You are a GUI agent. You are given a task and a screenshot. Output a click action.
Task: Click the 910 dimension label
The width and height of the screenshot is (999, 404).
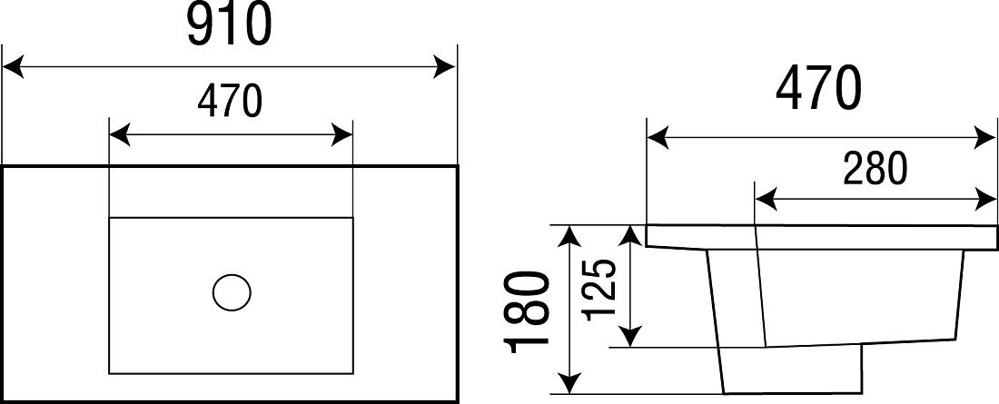click(x=230, y=25)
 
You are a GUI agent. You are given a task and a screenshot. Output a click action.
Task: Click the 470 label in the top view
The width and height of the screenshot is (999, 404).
click(x=230, y=102)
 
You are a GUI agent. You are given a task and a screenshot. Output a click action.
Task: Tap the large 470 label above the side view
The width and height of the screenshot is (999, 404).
click(x=818, y=89)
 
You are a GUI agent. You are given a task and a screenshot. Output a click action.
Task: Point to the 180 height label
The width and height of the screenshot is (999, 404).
click(x=527, y=311)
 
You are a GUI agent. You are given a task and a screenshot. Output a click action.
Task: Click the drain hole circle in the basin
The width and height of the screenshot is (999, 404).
click(x=232, y=292)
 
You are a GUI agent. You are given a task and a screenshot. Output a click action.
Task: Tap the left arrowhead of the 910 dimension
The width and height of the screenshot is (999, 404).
click(x=14, y=66)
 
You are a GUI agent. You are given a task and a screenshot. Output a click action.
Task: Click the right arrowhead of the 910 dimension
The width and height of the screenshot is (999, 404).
click(x=445, y=66)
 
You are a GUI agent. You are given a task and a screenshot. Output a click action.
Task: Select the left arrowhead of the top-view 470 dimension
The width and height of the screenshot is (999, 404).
click(x=120, y=135)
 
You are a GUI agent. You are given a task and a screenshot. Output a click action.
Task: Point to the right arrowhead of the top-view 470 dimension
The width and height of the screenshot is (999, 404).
click(x=341, y=135)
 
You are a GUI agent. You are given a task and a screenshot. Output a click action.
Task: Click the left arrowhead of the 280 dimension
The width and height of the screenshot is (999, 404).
click(x=766, y=200)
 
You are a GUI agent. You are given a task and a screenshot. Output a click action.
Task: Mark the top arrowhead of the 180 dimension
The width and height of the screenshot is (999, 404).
click(x=569, y=236)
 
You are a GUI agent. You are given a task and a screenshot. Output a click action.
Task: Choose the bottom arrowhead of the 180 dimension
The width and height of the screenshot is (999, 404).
click(x=569, y=383)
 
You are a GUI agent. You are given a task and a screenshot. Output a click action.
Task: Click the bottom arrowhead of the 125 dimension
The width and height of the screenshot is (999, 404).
click(x=630, y=337)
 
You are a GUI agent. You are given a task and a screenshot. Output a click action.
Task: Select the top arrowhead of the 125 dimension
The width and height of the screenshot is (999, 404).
click(x=630, y=236)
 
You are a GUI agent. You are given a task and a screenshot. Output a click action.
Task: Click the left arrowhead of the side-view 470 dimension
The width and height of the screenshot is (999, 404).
click(x=658, y=138)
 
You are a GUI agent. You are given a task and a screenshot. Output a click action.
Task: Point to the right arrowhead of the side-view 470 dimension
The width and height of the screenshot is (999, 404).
click(x=985, y=138)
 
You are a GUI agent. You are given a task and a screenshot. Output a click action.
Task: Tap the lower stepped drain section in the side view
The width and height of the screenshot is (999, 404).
click(x=791, y=369)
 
